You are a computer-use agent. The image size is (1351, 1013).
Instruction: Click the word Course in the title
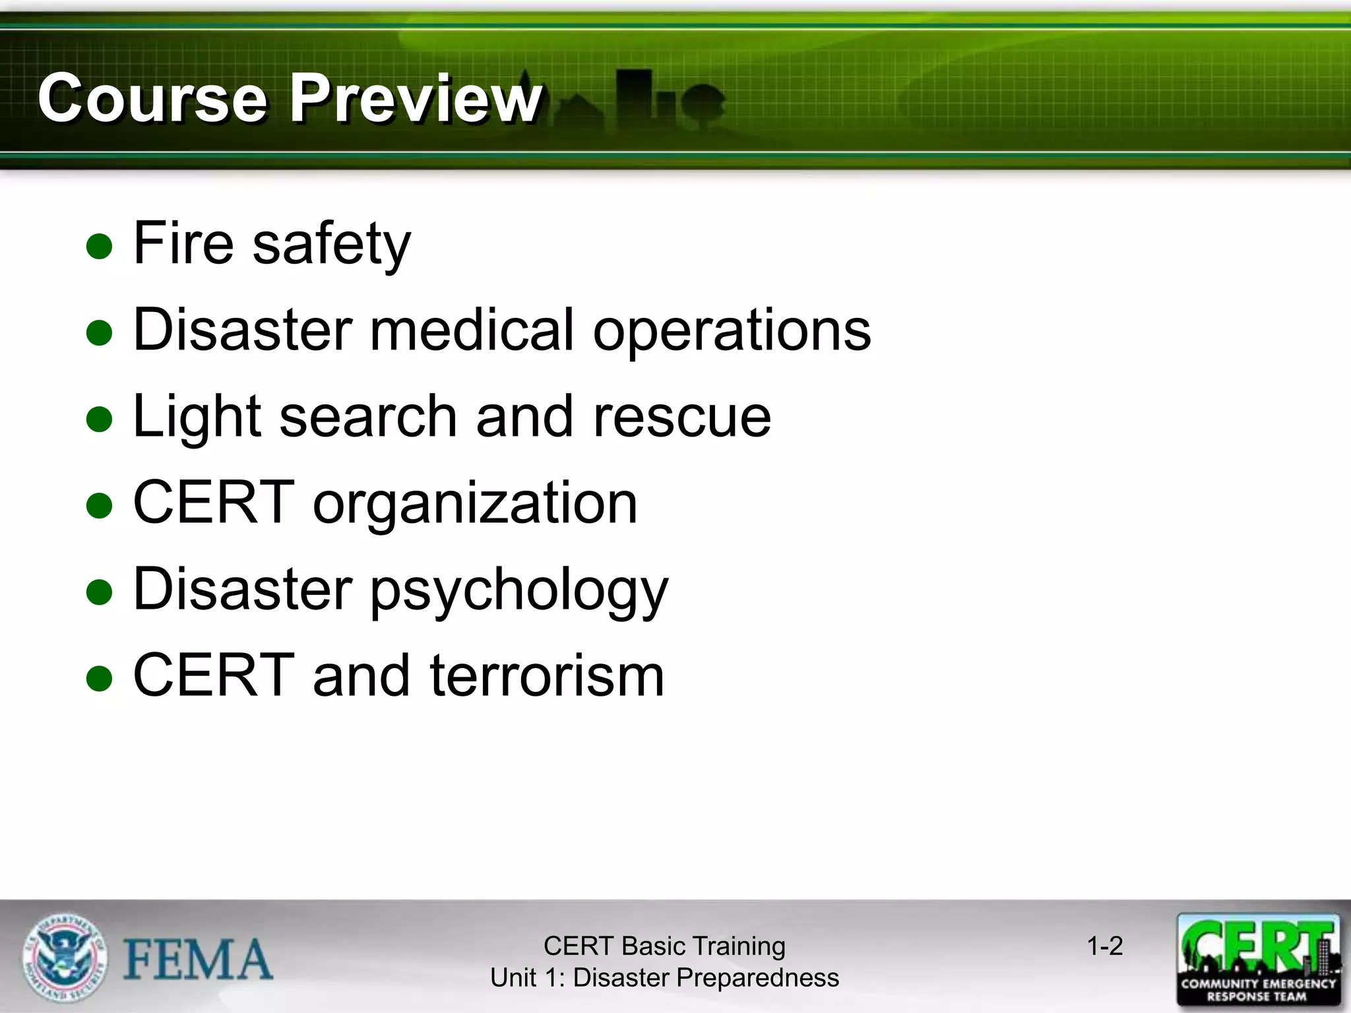152,98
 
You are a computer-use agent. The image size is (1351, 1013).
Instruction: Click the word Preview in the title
416,98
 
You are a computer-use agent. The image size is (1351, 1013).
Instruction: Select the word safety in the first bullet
332,244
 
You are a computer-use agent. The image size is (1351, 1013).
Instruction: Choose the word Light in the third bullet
197,417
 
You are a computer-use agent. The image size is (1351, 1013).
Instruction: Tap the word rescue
682,417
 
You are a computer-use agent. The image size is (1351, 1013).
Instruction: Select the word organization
475,504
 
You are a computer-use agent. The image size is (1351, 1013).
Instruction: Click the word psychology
519,590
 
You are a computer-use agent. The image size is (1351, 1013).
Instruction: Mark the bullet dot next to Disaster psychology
100,592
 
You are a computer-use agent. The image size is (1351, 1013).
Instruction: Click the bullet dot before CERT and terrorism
100,678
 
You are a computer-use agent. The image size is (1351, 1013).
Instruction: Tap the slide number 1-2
1105,946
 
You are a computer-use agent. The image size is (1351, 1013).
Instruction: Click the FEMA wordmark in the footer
198,960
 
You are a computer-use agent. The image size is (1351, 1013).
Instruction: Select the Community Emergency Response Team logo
1259,960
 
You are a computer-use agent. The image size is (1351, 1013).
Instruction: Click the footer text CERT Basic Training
664,946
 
